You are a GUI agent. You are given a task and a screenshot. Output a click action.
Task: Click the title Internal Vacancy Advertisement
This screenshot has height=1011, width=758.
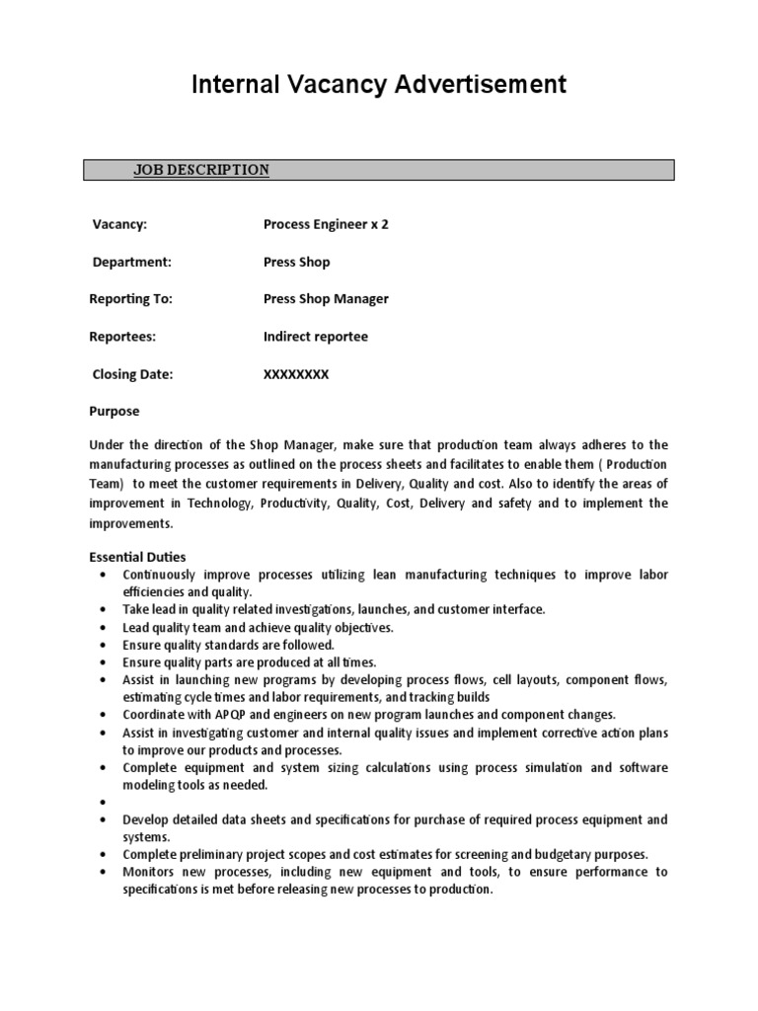(x=379, y=85)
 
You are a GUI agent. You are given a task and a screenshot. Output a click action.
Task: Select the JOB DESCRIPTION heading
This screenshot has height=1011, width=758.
(x=201, y=170)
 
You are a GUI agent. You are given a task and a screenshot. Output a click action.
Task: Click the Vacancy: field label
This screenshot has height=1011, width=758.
(x=119, y=224)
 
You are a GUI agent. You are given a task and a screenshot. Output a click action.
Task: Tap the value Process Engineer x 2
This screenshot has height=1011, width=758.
(x=326, y=224)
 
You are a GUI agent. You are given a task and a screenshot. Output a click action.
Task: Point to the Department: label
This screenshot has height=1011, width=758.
(x=131, y=262)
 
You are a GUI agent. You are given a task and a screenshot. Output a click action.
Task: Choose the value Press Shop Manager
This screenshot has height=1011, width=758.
(x=326, y=299)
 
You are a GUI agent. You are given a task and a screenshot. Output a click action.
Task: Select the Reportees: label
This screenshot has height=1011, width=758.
(x=122, y=337)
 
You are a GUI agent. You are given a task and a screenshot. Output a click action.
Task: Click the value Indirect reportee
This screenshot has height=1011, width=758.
(x=315, y=337)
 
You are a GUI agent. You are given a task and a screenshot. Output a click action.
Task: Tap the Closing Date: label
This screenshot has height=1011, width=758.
(x=132, y=374)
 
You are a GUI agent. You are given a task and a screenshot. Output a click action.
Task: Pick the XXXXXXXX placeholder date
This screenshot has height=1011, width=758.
(x=296, y=374)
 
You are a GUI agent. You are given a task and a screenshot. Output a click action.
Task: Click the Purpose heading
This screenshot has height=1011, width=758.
(x=114, y=411)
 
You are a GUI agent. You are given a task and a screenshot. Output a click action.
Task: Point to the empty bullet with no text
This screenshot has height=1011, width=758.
(x=104, y=803)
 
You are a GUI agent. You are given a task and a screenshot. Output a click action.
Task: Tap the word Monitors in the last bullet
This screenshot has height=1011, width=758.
(x=150, y=872)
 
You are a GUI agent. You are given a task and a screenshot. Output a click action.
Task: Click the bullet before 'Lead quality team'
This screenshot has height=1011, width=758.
(x=104, y=627)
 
